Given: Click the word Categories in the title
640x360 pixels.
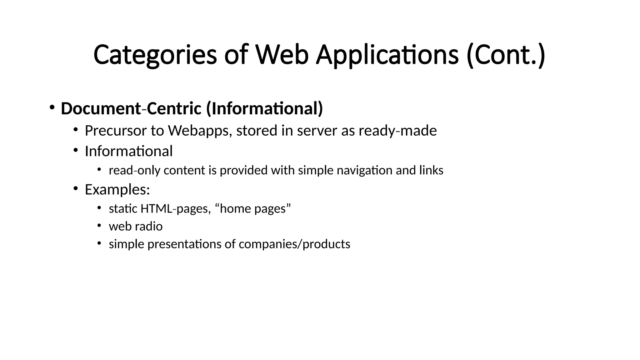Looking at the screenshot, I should click(x=155, y=55).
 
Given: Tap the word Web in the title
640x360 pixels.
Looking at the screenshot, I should click(x=282, y=55).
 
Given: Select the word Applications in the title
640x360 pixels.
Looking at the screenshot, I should click(x=387, y=55).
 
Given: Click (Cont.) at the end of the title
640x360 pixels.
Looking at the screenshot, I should click(x=506, y=55).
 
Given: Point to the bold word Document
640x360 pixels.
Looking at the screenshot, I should click(x=101, y=109).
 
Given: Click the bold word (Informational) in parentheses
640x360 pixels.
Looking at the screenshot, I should click(x=264, y=109).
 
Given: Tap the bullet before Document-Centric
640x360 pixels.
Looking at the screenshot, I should click(x=52, y=107).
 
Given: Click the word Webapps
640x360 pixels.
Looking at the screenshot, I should click(x=200, y=131).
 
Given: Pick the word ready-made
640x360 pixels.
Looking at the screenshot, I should click(x=397, y=131).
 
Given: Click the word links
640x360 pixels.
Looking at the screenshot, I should click(x=431, y=171).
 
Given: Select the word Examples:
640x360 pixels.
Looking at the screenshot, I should click(x=117, y=190).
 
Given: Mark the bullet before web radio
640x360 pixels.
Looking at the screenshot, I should click(x=99, y=225).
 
